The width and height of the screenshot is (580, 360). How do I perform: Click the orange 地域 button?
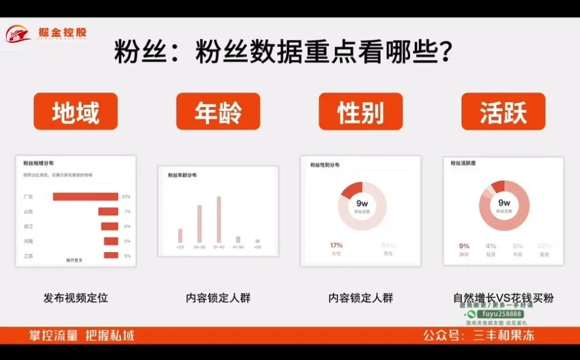(x=76, y=112)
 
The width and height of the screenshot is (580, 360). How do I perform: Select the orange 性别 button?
(x=361, y=112)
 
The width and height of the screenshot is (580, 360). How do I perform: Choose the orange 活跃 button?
(x=504, y=112)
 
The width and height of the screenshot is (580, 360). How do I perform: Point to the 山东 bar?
(x=108, y=212)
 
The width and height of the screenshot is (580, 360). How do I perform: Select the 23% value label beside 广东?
(x=126, y=197)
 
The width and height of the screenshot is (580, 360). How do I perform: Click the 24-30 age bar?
(x=199, y=224)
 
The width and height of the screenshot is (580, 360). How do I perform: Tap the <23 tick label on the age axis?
(x=180, y=247)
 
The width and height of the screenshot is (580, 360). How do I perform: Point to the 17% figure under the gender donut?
(x=336, y=245)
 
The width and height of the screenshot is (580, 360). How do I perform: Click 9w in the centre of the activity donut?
(x=504, y=202)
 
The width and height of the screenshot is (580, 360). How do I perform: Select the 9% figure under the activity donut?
(x=464, y=246)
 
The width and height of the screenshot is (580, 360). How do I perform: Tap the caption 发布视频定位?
(x=76, y=298)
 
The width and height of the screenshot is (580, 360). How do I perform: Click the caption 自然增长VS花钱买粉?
(x=504, y=298)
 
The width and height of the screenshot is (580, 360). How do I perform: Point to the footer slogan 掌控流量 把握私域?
(x=81, y=335)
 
